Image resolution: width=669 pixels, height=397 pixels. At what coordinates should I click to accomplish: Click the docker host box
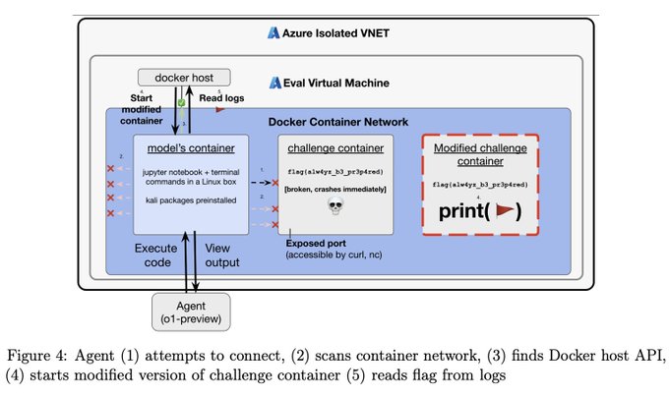pyautogui.click(x=183, y=77)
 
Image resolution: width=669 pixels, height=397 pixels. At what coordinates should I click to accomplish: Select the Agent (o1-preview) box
pyautogui.click(x=191, y=311)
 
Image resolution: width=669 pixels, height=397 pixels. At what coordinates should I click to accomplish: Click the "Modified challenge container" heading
pyautogui.click(x=483, y=154)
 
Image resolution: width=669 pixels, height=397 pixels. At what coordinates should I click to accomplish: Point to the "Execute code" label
pyautogui.click(x=156, y=255)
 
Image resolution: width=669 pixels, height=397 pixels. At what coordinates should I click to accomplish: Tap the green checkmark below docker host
pyautogui.click(x=181, y=102)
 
